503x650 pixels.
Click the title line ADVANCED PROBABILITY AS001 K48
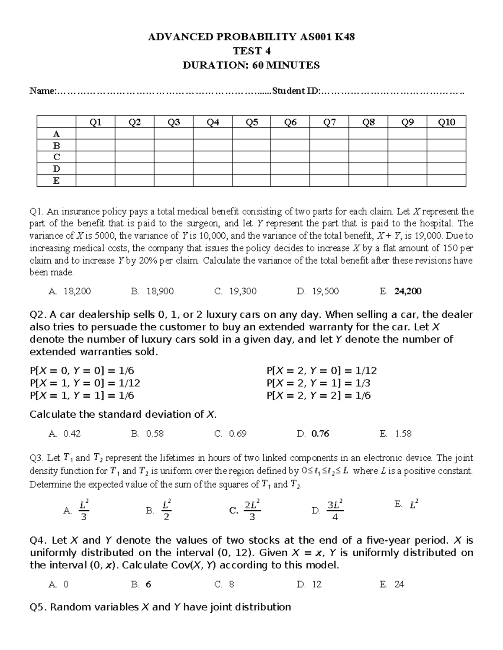click(251, 37)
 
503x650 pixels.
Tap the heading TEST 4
click(251, 51)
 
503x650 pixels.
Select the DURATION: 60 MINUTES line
click(251, 65)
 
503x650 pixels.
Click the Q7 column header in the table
click(329, 122)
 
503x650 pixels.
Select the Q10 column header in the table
click(446, 122)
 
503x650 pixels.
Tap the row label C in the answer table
click(57, 157)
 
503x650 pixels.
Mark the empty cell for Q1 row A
click(96, 134)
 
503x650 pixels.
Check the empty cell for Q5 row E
click(251, 181)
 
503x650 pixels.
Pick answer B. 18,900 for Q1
click(152, 291)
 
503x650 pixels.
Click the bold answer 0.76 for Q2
click(320, 434)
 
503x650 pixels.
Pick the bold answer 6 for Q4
click(148, 584)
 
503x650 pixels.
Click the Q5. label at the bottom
click(39, 607)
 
